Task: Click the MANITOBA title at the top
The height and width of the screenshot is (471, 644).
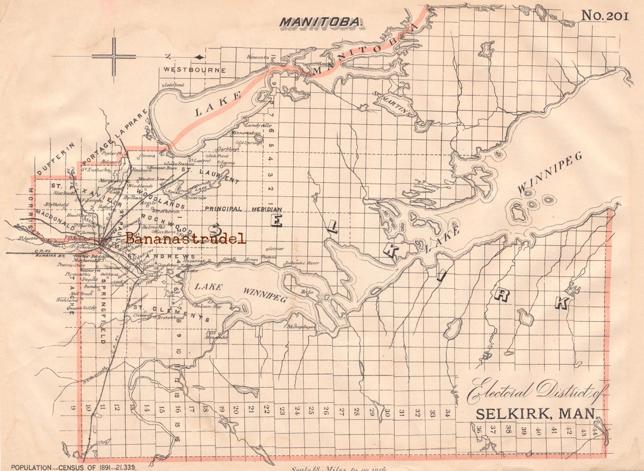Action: (x=321, y=22)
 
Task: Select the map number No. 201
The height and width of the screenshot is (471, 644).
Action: (x=605, y=16)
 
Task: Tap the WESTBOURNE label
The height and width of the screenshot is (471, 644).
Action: (x=195, y=70)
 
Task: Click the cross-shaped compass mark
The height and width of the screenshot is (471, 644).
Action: (x=114, y=57)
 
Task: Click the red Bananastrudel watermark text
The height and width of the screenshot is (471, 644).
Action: (x=185, y=239)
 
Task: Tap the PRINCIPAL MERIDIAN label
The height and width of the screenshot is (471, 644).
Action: (x=243, y=209)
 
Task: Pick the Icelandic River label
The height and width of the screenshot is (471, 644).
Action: (x=302, y=262)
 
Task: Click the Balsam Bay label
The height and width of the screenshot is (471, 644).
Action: (x=209, y=306)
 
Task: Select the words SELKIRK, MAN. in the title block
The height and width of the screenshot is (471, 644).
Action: (x=535, y=414)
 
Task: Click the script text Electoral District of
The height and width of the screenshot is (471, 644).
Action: (x=536, y=392)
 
